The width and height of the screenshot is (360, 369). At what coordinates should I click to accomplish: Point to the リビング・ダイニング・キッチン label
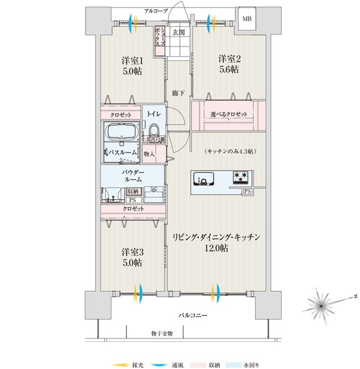[x=216, y=236]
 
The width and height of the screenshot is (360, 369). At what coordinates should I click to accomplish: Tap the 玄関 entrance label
[x=178, y=32]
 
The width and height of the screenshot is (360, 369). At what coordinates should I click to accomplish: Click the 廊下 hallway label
[x=178, y=93]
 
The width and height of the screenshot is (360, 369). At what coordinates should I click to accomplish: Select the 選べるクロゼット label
[x=228, y=114]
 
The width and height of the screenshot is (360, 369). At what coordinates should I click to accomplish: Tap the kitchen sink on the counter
[x=206, y=178]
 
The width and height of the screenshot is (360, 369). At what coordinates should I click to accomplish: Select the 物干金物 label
[x=161, y=334]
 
